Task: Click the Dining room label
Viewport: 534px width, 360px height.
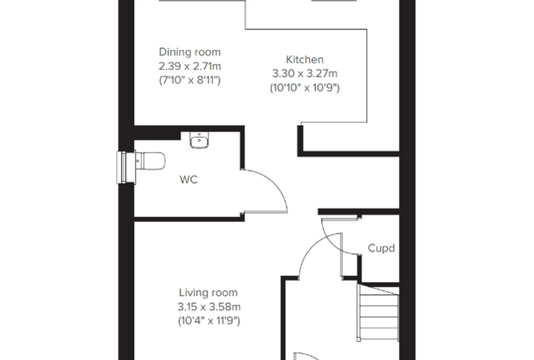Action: click(x=190, y=52)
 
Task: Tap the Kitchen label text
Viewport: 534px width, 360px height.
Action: click(x=304, y=60)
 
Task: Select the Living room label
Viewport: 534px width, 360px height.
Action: click(x=209, y=292)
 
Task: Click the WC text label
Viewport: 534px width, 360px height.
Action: click(x=188, y=180)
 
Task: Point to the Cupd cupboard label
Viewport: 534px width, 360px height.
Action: click(x=382, y=248)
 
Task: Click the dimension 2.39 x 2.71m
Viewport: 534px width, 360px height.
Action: click(x=190, y=66)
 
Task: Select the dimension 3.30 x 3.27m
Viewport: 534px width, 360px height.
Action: click(x=304, y=74)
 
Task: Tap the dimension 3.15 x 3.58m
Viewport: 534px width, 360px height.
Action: click(x=209, y=307)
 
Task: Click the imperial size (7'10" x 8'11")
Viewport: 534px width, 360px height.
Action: click(x=190, y=80)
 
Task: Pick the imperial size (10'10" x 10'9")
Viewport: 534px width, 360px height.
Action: click(x=304, y=88)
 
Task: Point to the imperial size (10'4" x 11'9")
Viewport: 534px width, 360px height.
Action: click(x=209, y=321)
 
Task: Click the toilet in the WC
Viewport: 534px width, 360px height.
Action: click(x=150, y=161)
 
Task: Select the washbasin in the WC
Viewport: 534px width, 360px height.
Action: click(x=200, y=140)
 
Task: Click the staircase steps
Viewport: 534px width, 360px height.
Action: click(x=378, y=313)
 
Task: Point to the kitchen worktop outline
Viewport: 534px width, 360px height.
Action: click(x=367, y=76)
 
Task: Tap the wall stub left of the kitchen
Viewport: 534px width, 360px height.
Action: click(x=300, y=141)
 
